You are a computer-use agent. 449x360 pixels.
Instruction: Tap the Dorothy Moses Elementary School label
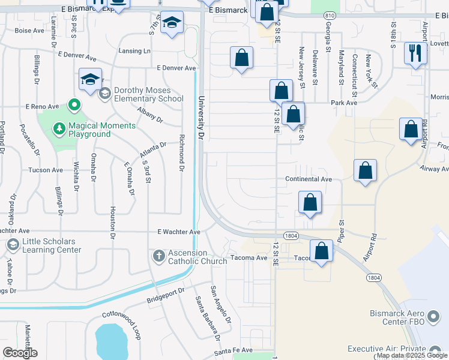pos(148,94)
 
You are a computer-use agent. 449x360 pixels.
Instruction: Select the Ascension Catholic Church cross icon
pos(159,257)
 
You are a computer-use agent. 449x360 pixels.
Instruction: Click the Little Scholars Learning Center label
pos(52,245)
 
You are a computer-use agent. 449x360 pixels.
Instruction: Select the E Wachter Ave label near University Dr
pos(178,232)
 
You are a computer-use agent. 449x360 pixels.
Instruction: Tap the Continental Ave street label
pos(309,179)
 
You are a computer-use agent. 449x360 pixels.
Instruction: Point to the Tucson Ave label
pos(46,170)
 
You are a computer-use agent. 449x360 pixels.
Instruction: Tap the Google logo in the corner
pos(20,353)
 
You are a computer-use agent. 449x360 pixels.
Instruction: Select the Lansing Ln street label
pos(134,51)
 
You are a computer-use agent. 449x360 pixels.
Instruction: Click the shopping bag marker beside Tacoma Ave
pos(322,251)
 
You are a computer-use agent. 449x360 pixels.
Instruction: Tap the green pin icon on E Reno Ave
pos(74,106)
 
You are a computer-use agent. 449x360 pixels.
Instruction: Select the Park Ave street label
pos(344,103)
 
